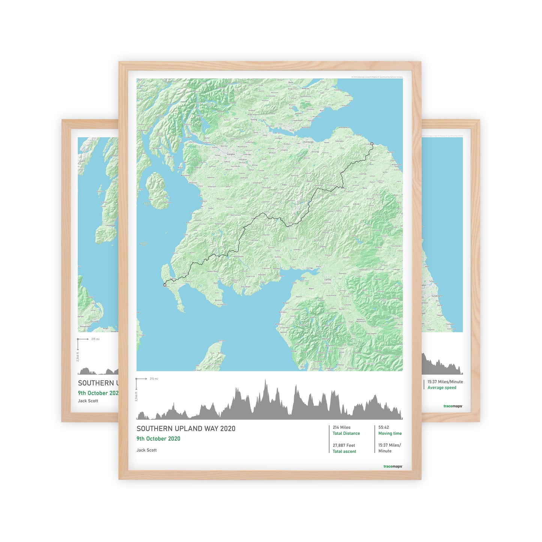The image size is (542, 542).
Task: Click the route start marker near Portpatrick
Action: point(165,285)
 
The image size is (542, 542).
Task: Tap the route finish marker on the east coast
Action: point(372,144)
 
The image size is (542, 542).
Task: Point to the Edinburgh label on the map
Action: point(309,142)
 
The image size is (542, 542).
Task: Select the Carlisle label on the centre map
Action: point(328,279)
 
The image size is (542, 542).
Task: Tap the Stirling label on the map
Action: point(254,120)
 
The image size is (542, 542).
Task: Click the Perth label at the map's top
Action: point(291,82)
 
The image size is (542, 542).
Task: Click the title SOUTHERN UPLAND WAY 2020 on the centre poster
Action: point(186,429)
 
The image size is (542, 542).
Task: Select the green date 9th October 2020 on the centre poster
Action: point(158,439)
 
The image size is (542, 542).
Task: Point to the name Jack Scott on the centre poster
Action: point(147,450)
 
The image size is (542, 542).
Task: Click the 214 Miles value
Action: point(341,427)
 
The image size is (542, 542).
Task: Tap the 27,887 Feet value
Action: point(344,446)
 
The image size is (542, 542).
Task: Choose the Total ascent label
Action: point(344,452)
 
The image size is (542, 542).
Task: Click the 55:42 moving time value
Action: point(383,427)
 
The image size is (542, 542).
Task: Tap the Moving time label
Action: point(390,434)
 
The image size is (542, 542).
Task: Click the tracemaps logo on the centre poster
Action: point(393,467)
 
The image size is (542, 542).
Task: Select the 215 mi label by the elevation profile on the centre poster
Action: point(154,379)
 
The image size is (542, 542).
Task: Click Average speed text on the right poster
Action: point(442,388)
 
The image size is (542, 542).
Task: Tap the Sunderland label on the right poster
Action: point(437,296)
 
